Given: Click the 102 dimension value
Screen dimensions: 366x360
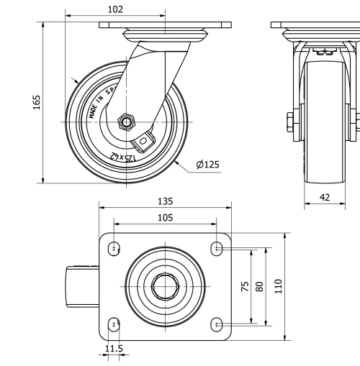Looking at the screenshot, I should (x=114, y=9).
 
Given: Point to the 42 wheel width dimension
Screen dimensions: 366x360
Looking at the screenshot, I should (x=325, y=196).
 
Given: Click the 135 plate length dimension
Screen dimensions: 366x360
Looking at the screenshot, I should (x=165, y=201).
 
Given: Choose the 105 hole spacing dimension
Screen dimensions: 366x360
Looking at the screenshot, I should (x=165, y=218).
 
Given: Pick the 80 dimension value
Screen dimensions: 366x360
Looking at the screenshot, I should (x=260, y=285).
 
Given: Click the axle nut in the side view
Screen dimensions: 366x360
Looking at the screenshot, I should (x=127, y=122).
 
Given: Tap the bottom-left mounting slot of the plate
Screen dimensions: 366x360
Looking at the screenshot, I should (x=114, y=324).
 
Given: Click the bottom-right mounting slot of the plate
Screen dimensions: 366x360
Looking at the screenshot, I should (x=217, y=324).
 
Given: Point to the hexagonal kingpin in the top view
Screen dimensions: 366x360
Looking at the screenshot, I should (x=165, y=286).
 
